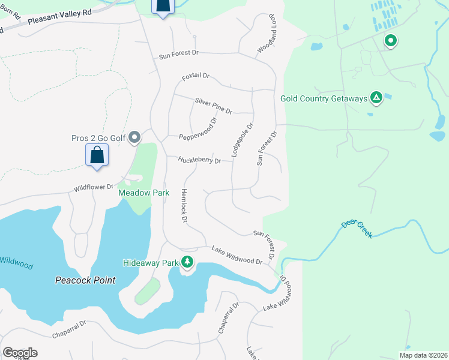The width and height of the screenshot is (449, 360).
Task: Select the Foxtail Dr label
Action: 196,77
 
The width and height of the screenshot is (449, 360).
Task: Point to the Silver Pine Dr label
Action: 214,106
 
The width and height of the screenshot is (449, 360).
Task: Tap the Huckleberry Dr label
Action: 200,160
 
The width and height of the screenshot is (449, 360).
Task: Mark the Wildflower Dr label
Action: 93,188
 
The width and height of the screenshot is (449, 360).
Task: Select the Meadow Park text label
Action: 144,193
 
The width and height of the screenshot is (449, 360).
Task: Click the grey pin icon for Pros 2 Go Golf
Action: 135,138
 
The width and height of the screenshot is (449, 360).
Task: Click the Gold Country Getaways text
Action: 324,98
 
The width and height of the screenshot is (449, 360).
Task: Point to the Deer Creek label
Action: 357,229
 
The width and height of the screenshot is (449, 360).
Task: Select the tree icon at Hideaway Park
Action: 188,262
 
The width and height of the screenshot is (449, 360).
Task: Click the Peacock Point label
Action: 85,280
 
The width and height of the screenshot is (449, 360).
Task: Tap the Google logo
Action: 20,353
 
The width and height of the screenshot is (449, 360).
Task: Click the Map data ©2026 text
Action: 423,355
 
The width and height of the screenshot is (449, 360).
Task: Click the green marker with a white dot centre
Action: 391,41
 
